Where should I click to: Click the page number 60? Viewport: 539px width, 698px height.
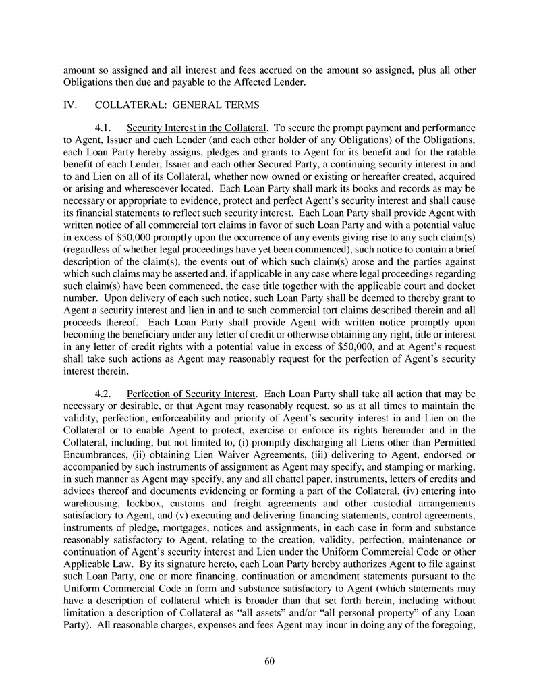coord(269,660)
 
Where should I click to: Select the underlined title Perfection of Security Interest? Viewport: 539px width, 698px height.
coord(191,393)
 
